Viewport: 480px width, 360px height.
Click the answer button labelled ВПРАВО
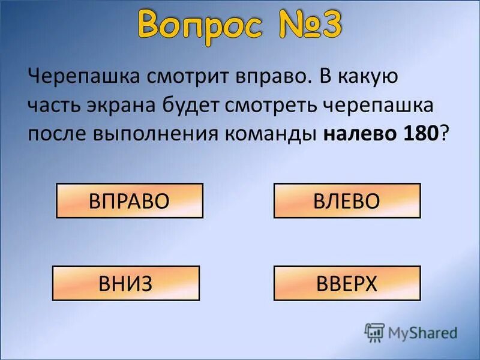click(130, 201)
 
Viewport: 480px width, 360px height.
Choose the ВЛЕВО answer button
click(347, 201)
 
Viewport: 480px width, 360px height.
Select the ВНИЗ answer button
click(126, 283)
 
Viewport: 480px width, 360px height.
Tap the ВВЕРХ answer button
click(347, 283)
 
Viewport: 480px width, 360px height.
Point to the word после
click(58, 133)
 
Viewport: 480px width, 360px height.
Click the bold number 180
click(418, 133)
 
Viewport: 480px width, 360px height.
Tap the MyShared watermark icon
click(374, 332)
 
